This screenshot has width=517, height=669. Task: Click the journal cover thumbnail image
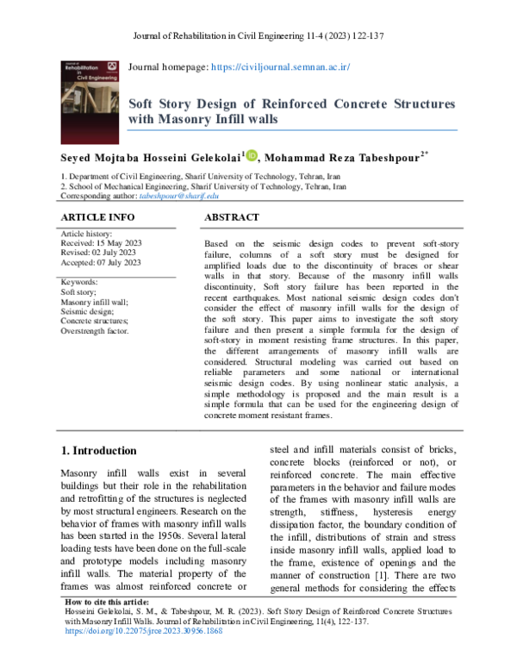coord(90,96)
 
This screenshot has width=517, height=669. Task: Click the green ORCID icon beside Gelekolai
coord(252,156)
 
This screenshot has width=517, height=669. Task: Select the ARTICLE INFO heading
coord(97,218)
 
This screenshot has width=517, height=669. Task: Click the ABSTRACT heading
coord(231,218)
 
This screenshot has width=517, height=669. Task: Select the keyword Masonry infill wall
coord(94,303)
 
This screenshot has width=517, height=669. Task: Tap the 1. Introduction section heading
coord(100,451)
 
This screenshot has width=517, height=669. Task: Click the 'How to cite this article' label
coord(108,626)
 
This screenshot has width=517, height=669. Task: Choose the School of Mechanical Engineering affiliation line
coord(203,185)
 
